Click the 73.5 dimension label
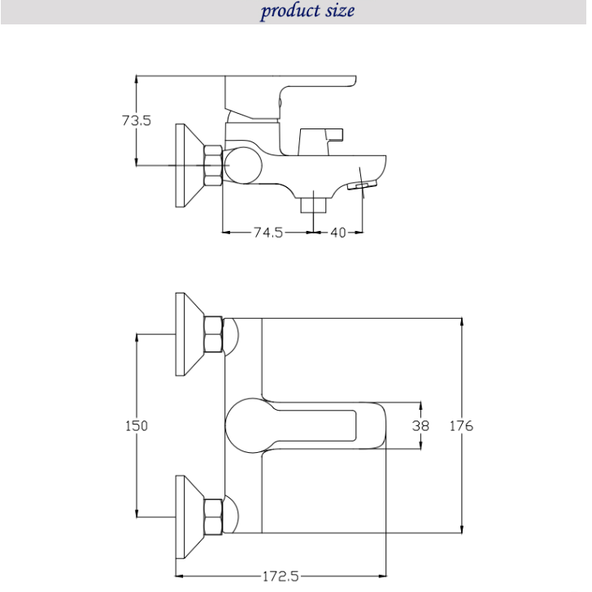[137, 120]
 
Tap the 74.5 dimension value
[268, 233]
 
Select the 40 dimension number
[338, 233]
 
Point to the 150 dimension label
[137, 426]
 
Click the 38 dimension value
[420, 426]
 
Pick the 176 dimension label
[461, 426]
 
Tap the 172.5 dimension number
[281, 577]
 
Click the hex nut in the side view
[213, 165]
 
